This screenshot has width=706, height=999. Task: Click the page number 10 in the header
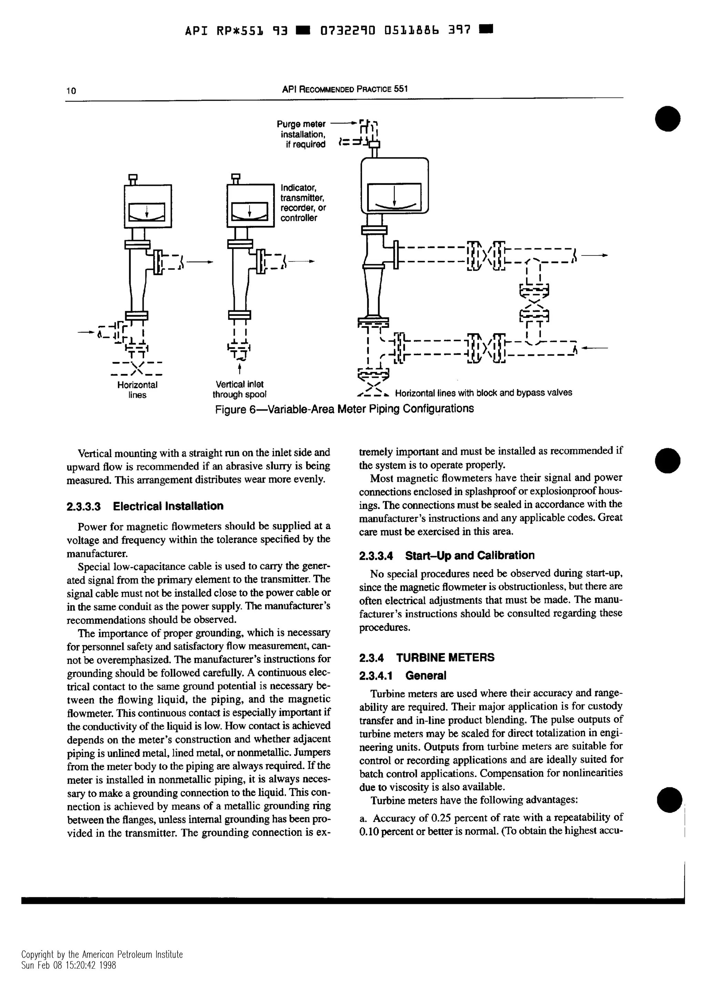[x=71, y=91]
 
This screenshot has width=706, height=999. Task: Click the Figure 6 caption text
[x=344, y=409]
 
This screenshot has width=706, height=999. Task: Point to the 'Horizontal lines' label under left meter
[x=137, y=390]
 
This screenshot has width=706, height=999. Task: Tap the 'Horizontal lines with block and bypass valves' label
[x=483, y=393]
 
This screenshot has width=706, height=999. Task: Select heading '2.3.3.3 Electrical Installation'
[x=145, y=506]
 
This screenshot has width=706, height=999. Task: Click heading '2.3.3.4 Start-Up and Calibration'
[x=446, y=556]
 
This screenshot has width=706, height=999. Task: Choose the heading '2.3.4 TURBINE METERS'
[x=426, y=657]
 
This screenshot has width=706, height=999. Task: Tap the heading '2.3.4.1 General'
[x=402, y=676]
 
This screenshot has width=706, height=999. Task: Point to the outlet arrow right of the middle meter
[x=301, y=262]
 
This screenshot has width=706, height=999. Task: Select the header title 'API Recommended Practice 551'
[x=344, y=89]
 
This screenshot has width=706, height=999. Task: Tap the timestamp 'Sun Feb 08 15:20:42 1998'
[x=69, y=977]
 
